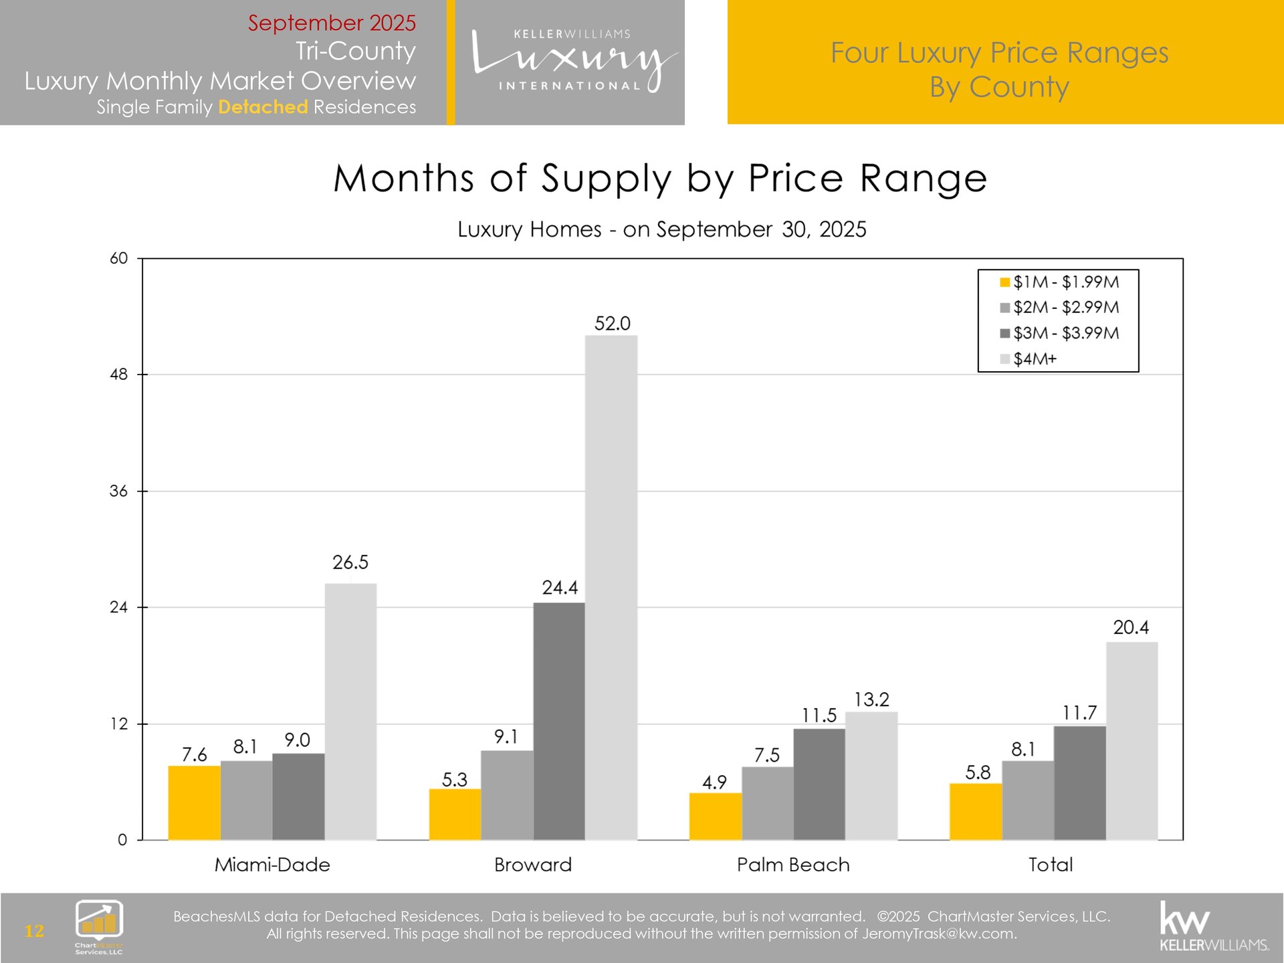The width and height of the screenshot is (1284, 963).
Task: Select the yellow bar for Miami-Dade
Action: click(194, 802)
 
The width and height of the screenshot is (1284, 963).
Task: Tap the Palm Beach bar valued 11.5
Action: click(819, 784)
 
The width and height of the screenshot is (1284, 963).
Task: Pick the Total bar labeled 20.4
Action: click(1132, 741)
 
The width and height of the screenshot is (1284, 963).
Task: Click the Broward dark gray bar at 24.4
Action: click(559, 721)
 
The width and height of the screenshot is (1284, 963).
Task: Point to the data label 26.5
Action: click(350, 562)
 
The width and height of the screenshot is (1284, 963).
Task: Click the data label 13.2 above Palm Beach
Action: click(871, 700)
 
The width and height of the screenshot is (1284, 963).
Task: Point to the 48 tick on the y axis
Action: click(118, 374)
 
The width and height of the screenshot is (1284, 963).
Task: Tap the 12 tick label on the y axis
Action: click(118, 724)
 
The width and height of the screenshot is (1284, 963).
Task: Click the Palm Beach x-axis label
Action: click(793, 865)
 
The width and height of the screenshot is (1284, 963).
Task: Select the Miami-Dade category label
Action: click(272, 865)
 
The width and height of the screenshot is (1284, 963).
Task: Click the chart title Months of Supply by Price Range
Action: click(660, 179)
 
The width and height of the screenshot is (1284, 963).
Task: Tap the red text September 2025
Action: click(332, 23)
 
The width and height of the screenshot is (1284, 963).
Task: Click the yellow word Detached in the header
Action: click(263, 107)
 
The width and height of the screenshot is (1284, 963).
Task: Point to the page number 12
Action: click(34, 930)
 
